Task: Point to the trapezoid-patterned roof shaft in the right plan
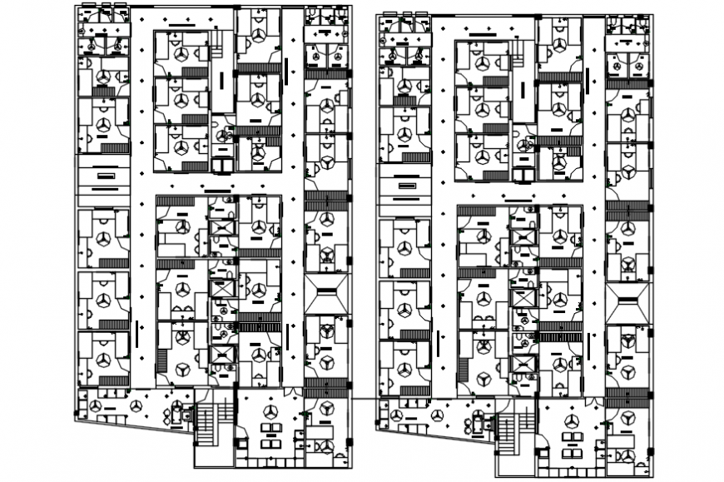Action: click(627, 301)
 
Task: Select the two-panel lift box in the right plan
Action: click(524, 175)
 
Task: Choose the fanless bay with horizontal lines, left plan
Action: click(103, 177)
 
